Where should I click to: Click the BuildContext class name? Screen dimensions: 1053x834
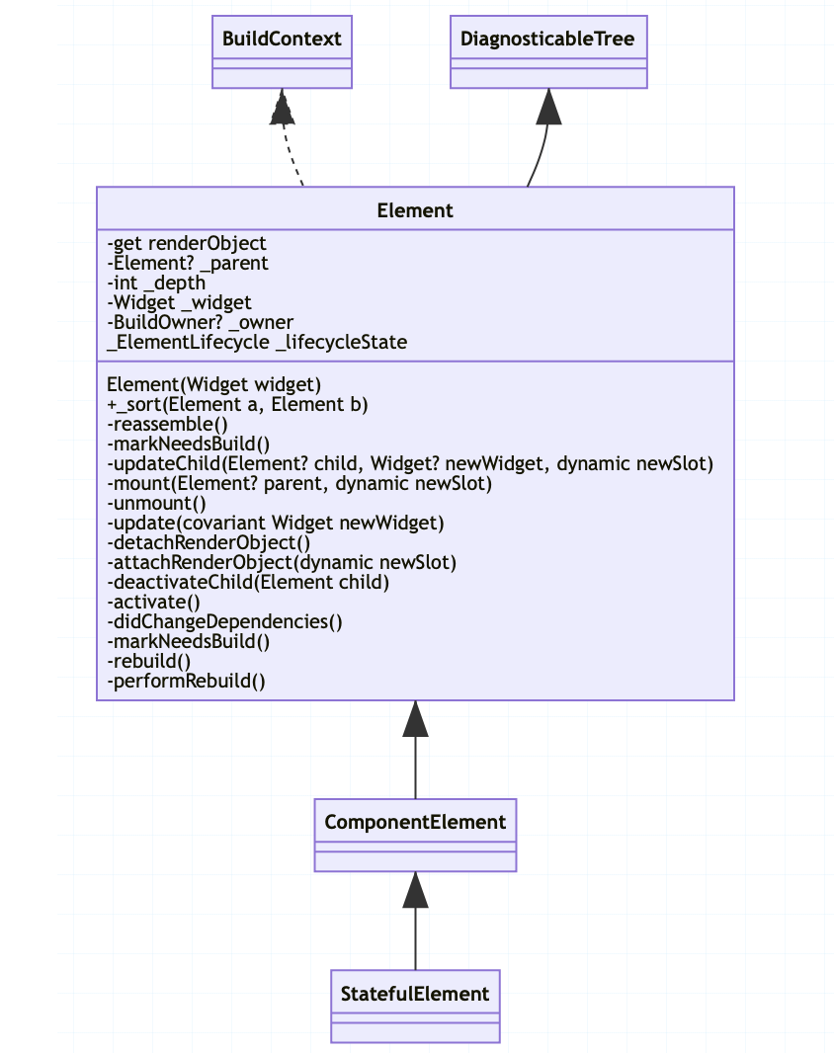pyautogui.click(x=282, y=39)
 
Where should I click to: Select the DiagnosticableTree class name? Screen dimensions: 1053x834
pyautogui.click(x=548, y=39)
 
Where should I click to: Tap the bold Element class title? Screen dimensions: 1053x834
pyautogui.click(x=415, y=209)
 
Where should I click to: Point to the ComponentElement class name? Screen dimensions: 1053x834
pyautogui.click(x=415, y=822)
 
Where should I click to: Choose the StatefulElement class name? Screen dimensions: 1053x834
pyautogui.click(x=415, y=994)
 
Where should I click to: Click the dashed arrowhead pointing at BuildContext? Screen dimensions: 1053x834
pyautogui.click(x=283, y=108)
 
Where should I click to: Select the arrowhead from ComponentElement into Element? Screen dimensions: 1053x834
pyautogui.click(x=416, y=719)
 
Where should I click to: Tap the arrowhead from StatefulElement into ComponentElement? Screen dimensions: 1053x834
pyautogui.click(x=416, y=890)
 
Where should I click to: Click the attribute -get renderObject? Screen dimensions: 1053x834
pyautogui.click(x=187, y=243)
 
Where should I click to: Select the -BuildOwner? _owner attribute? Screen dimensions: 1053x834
pyautogui.click(x=200, y=322)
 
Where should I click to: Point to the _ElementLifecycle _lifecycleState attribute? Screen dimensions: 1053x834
pyautogui.click(x=257, y=342)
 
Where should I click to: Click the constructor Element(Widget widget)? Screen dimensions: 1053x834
pyautogui.click(x=214, y=384)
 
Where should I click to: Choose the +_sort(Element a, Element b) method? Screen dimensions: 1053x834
pyautogui.click(x=237, y=404)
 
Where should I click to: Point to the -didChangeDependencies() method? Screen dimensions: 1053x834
pyautogui.click(x=224, y=621)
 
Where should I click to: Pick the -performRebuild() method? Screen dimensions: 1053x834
pyautogui.click(x=186, y=681)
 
